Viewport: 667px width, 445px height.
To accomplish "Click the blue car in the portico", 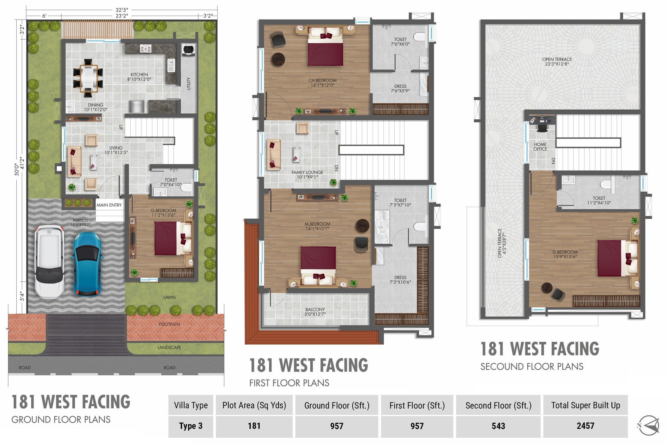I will pos(87,264).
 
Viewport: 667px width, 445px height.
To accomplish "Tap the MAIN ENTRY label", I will pos(109,205).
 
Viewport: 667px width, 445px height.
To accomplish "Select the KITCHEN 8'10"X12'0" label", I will pos(139,77).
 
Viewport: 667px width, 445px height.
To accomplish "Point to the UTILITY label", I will pos(189,84).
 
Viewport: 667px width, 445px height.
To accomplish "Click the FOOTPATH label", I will pos(169,324).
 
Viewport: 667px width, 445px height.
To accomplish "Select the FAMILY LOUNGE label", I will pos(307,175).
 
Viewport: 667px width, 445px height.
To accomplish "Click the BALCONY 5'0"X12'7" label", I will pos(315,311).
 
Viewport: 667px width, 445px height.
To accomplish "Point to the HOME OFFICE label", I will pos(540,147).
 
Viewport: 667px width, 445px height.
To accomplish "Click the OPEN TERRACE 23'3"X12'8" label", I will pos(557,61).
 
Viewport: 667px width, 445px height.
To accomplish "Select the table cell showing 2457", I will pos(585,426).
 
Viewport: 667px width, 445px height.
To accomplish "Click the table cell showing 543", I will pos(498,426).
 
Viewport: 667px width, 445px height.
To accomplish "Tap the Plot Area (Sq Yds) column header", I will pos(254,405).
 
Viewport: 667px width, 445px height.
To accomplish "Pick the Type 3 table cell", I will pos(191,426).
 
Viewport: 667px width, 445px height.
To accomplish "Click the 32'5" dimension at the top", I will pos(122,10).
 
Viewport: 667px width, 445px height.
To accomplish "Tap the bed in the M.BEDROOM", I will pos(318,264).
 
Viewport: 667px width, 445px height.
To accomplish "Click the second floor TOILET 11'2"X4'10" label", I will pos(599,200).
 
